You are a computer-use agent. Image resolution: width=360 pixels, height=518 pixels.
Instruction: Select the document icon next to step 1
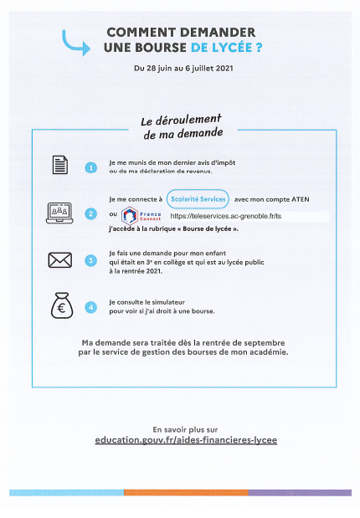(x=59, y=167)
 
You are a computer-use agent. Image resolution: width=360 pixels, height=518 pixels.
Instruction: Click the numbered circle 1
(x=91, y=167)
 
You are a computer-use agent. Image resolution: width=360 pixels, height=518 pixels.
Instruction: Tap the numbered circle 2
(x=91, y=214)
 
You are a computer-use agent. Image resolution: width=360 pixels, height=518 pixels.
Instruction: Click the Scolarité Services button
(x=197, y=199)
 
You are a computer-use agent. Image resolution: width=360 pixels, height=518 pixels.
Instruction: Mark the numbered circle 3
(x=91, y=260)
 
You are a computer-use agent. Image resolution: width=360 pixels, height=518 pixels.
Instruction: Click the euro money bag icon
(x=59, y=306)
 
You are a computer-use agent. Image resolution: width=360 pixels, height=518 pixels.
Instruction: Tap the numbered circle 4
(x=91, y=307)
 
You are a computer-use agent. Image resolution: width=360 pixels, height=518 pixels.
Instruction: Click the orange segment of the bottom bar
(x=185, y=493)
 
